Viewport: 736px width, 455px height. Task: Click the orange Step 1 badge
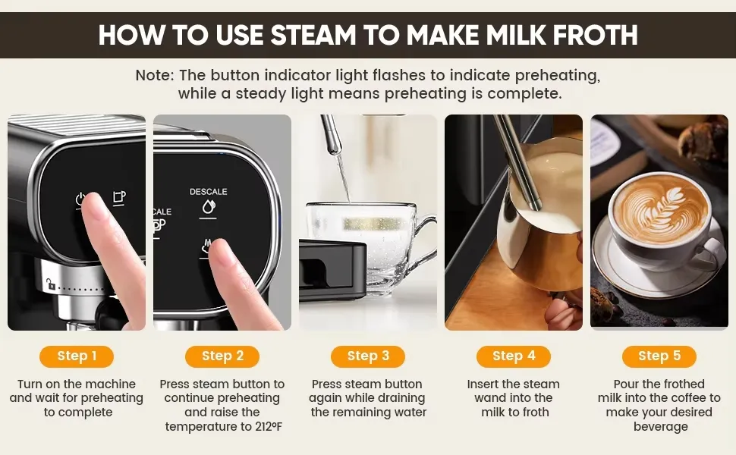click(77, 356)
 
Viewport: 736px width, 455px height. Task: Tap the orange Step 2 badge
click(222, 356)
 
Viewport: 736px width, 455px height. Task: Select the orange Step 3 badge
click(368, 356)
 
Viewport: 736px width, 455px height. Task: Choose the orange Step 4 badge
click(514, 356)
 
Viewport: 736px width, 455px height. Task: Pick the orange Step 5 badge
click(659, 356)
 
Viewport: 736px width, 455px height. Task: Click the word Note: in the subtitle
click(155, 75)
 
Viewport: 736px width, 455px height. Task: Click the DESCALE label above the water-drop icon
click(209, 191)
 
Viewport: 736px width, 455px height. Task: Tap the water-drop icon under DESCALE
click(209, 206)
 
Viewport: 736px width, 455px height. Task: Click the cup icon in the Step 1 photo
click(119, 197)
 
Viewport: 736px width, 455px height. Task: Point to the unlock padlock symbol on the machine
click(50, 284)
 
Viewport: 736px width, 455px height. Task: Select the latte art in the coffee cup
click(659, 209)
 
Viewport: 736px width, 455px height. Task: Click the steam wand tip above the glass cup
click(333, 149)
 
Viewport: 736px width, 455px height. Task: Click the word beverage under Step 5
click(660, 426)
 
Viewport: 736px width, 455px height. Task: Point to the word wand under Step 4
click(489, 398)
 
